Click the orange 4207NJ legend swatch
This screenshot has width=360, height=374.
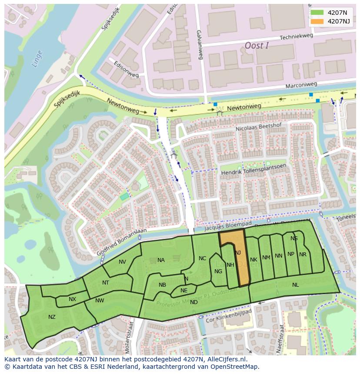click(317, 21)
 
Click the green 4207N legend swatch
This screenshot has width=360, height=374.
click(317, 13)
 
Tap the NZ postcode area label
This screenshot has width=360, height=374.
click(52, 317)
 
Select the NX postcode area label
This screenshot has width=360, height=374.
click(72, 299)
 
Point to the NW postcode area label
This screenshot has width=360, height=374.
click(100, 301)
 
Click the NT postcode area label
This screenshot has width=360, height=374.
click(106, 283)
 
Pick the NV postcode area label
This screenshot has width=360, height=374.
click(122, 262)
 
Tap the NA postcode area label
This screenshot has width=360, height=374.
click(161, 260)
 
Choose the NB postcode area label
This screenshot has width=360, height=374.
click(162, 285)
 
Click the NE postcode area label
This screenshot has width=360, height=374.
click(184, 291)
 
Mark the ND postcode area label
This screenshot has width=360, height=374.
click(194, 302)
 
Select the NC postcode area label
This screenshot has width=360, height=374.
click(202, 258)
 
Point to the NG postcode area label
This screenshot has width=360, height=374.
click(218, 271)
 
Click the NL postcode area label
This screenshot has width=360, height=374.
click(295, 285)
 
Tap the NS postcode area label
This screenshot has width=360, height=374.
click(294, 238)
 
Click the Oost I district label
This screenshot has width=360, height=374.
click(257, 46)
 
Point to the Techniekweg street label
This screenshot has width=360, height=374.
click(297, 38)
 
